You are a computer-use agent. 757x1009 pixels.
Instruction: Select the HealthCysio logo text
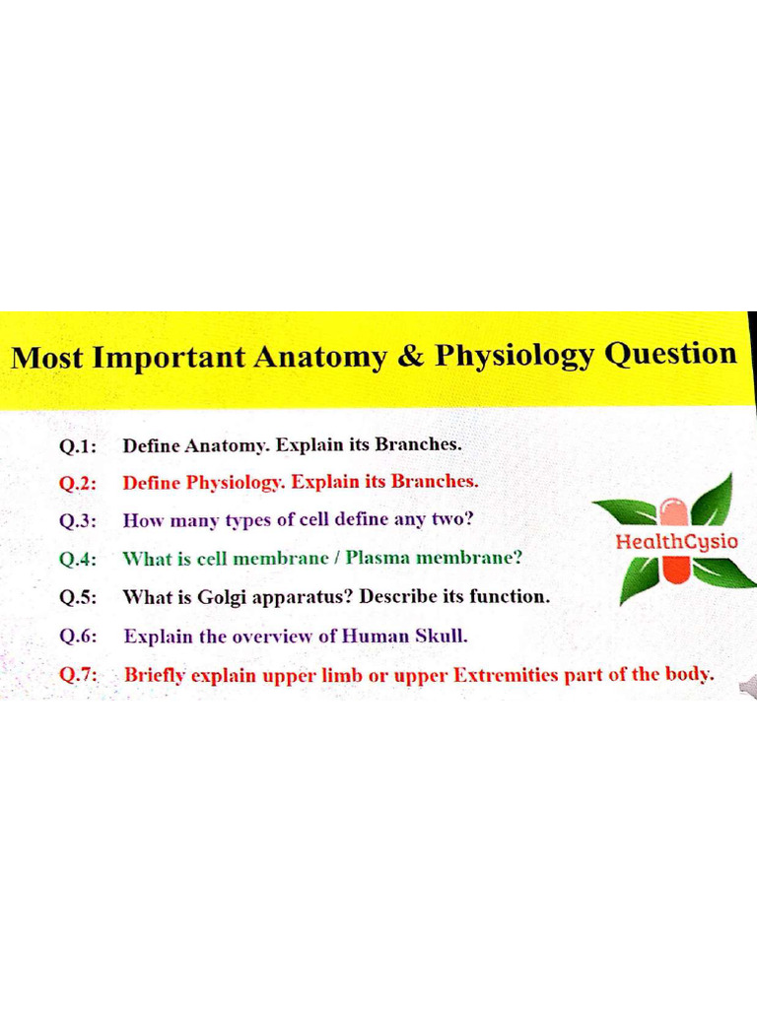click(x=676, y=541)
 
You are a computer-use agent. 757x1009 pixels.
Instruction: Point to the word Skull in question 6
click(x=441, y=636)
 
